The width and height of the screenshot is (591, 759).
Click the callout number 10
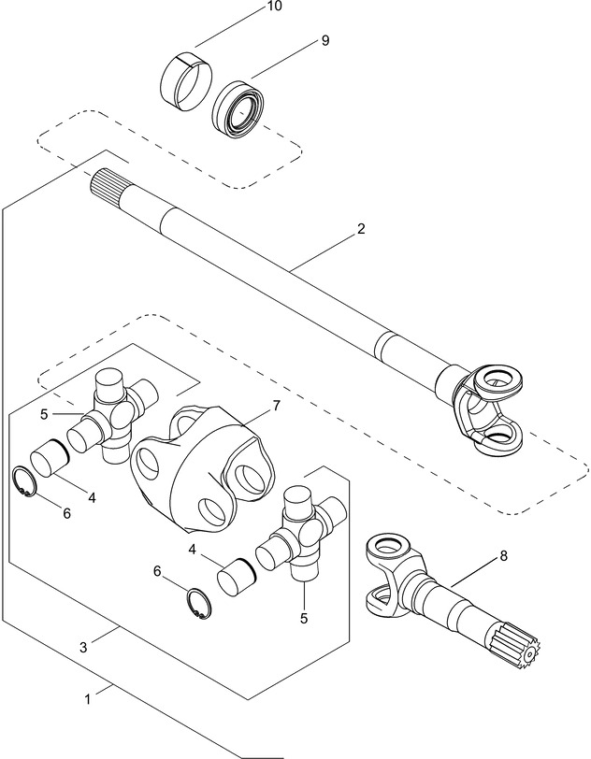pyautogui.click(x=274, y=6)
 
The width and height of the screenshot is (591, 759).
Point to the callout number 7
pyautogui.click(x=276, y=406)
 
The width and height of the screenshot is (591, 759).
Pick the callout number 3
pyautogui.click(x=83, y=646)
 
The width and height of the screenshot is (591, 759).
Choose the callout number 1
pyautogui.click(x=88, y=697)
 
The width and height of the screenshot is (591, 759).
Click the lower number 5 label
pyautogui.click(x=304, y=618)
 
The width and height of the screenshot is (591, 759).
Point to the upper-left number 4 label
pyautogui.click(x=91, y=498)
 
